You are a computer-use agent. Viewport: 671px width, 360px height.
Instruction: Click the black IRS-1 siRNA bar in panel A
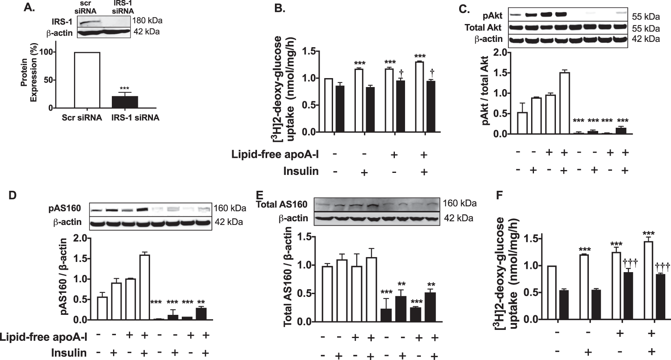coord(125,102)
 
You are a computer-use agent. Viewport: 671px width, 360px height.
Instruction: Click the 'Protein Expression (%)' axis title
coord(29,80)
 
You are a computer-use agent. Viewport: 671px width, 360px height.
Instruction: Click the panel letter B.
coord(280,8)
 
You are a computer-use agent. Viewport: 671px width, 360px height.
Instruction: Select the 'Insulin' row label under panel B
coord(301,171)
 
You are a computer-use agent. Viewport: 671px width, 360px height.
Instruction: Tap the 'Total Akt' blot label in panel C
coord(484,28)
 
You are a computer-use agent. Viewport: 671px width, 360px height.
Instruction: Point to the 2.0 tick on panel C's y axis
coord(500,52)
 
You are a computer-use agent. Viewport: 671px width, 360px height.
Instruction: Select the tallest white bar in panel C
coord(564,103)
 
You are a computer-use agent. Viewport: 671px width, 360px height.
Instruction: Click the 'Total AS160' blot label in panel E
coord(281,204)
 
